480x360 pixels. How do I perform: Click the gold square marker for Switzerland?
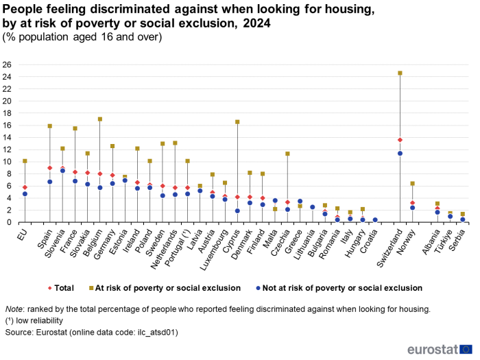click(400, 73)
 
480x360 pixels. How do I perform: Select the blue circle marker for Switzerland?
click(400, 153)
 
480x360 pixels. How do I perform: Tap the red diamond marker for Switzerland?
click(400, 140)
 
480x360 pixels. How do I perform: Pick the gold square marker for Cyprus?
click(237, 122)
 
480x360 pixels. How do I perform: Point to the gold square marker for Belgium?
click(100, 119)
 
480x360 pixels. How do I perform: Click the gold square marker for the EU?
click(25, 161)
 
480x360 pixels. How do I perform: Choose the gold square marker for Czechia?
click(287, 154)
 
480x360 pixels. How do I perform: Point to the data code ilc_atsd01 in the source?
click(154, 333)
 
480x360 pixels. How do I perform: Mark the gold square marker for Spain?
click(50, 126)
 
